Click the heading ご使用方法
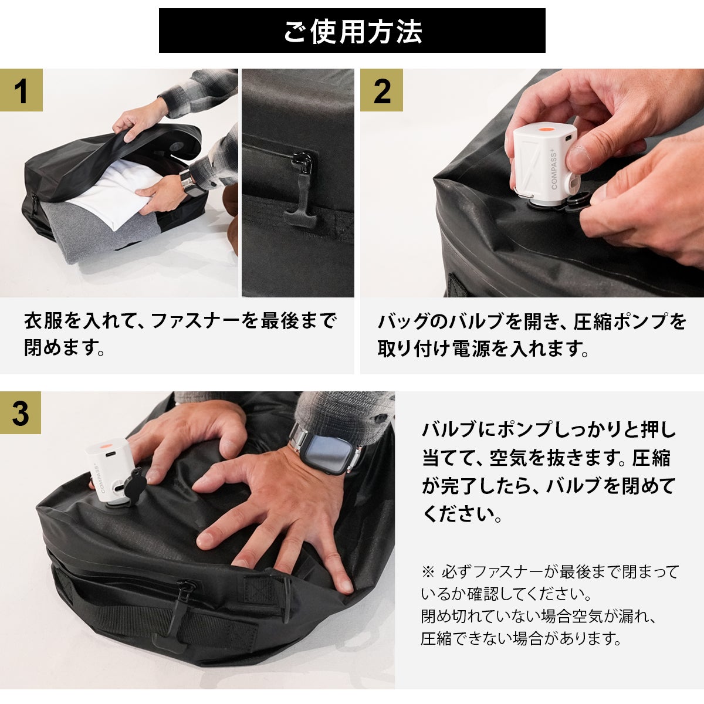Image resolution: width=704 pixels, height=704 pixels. tap(353, 32)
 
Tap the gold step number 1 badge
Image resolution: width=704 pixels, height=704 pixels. tap(21, 90)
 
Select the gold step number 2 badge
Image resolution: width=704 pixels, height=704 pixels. tap(382, 90)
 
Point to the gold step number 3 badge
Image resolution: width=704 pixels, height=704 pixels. tap(21, 413)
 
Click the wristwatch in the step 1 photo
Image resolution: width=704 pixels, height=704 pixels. tap(189, 182)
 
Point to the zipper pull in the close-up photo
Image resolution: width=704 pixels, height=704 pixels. tap(302, 191)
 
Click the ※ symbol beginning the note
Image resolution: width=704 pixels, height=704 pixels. tap(428, 572)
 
